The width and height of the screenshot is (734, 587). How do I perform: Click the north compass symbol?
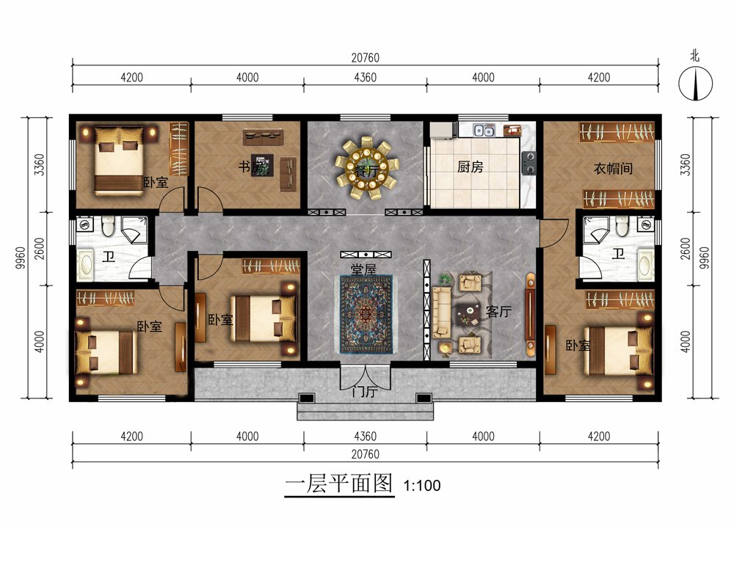click(x=696, y=84)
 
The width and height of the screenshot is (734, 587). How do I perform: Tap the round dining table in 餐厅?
click(x=366, y=167)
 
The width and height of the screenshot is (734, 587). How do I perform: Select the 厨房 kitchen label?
click(x=470, y=167)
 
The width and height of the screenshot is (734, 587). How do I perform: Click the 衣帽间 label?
click(x=613, y=169)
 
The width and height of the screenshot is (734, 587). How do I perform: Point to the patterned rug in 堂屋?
click(x=366, y=315)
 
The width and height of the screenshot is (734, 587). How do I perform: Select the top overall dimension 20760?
click(x=365, y=57)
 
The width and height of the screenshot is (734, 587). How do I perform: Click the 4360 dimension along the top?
click(x=365, y=77)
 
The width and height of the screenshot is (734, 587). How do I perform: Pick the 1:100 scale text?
click(x=422, y=486)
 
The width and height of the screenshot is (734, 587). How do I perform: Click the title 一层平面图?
click(x=339, y=484)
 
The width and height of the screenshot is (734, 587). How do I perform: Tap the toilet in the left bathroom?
click(x=109, y=225)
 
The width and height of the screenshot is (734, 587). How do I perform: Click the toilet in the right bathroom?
click(x=622, y=225)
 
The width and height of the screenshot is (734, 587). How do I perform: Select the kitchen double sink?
click(x=484, y=130)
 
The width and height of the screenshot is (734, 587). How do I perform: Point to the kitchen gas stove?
click(x=529, y=163)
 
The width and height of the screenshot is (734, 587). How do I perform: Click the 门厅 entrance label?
click(x=365, y=391)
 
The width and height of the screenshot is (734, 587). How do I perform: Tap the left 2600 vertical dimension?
click(x=40, y=249)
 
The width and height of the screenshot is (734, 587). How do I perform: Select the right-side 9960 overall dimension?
click(x=704, y=258)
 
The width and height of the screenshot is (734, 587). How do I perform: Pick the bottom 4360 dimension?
click(x=365, y=437)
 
